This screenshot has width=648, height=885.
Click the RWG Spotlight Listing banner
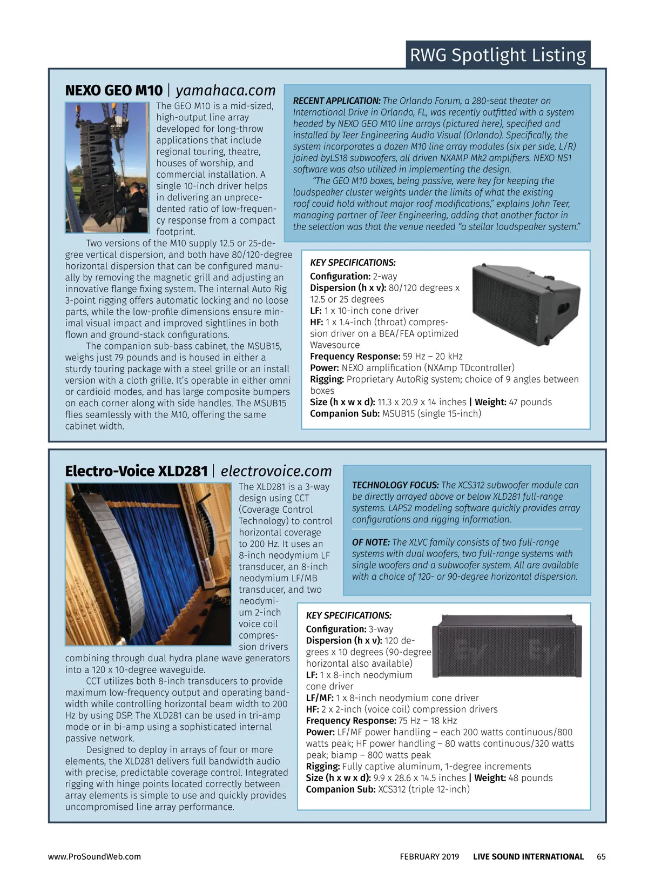(497, 55)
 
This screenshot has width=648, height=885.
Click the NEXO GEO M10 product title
(113, 90)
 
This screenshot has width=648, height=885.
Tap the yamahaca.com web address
(226, 90)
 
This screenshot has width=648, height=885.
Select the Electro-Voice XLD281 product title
(136, 471)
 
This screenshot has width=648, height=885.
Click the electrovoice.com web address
(276, 471)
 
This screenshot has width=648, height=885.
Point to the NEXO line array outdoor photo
(107, 168)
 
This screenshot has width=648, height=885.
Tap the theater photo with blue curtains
(148, 564)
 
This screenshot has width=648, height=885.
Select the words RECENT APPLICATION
(336, 101)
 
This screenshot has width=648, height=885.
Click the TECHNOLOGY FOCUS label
(395, 485)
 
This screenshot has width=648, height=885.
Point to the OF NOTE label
(371, 542)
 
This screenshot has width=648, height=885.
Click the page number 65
(601, 856)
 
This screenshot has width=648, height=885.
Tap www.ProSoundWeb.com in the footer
(94, 856)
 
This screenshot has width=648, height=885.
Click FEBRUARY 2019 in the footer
(429, 856)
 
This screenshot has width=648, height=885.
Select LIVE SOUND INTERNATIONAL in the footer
(528, 856)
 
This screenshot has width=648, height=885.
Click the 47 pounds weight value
(530, 402)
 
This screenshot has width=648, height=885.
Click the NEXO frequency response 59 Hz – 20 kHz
(433, 357)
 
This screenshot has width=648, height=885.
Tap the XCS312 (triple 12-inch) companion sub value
(424, 789)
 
